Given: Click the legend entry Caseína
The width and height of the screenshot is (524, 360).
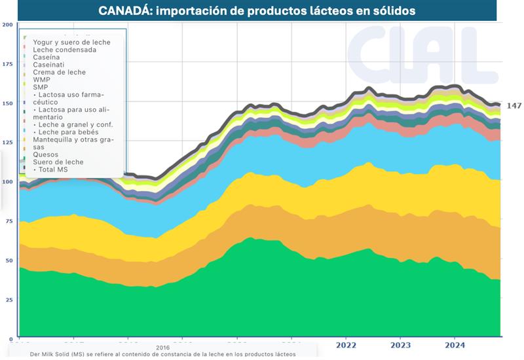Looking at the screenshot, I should coord(47,57).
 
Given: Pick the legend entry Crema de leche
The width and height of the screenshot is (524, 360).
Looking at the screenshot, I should coord(59,72).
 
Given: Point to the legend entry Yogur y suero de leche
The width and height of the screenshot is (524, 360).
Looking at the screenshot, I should coord(71,42).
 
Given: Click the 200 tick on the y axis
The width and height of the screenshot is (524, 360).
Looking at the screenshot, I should coord(8,25).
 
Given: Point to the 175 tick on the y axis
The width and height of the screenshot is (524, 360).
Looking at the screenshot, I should coord(8,64).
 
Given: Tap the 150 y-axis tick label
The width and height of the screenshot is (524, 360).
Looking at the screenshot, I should coord(8,103).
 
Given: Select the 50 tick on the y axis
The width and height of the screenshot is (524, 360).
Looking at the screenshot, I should coord(8,261).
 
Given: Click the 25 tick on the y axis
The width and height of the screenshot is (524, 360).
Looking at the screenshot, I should coord(8,300).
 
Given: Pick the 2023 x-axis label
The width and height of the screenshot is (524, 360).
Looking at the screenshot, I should coord(400,345).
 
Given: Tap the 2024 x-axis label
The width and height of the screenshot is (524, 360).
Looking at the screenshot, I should coord(456,345).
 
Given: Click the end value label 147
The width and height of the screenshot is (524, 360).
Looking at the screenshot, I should coord(514,105).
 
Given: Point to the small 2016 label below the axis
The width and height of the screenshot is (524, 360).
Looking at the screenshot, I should coord(163,348).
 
